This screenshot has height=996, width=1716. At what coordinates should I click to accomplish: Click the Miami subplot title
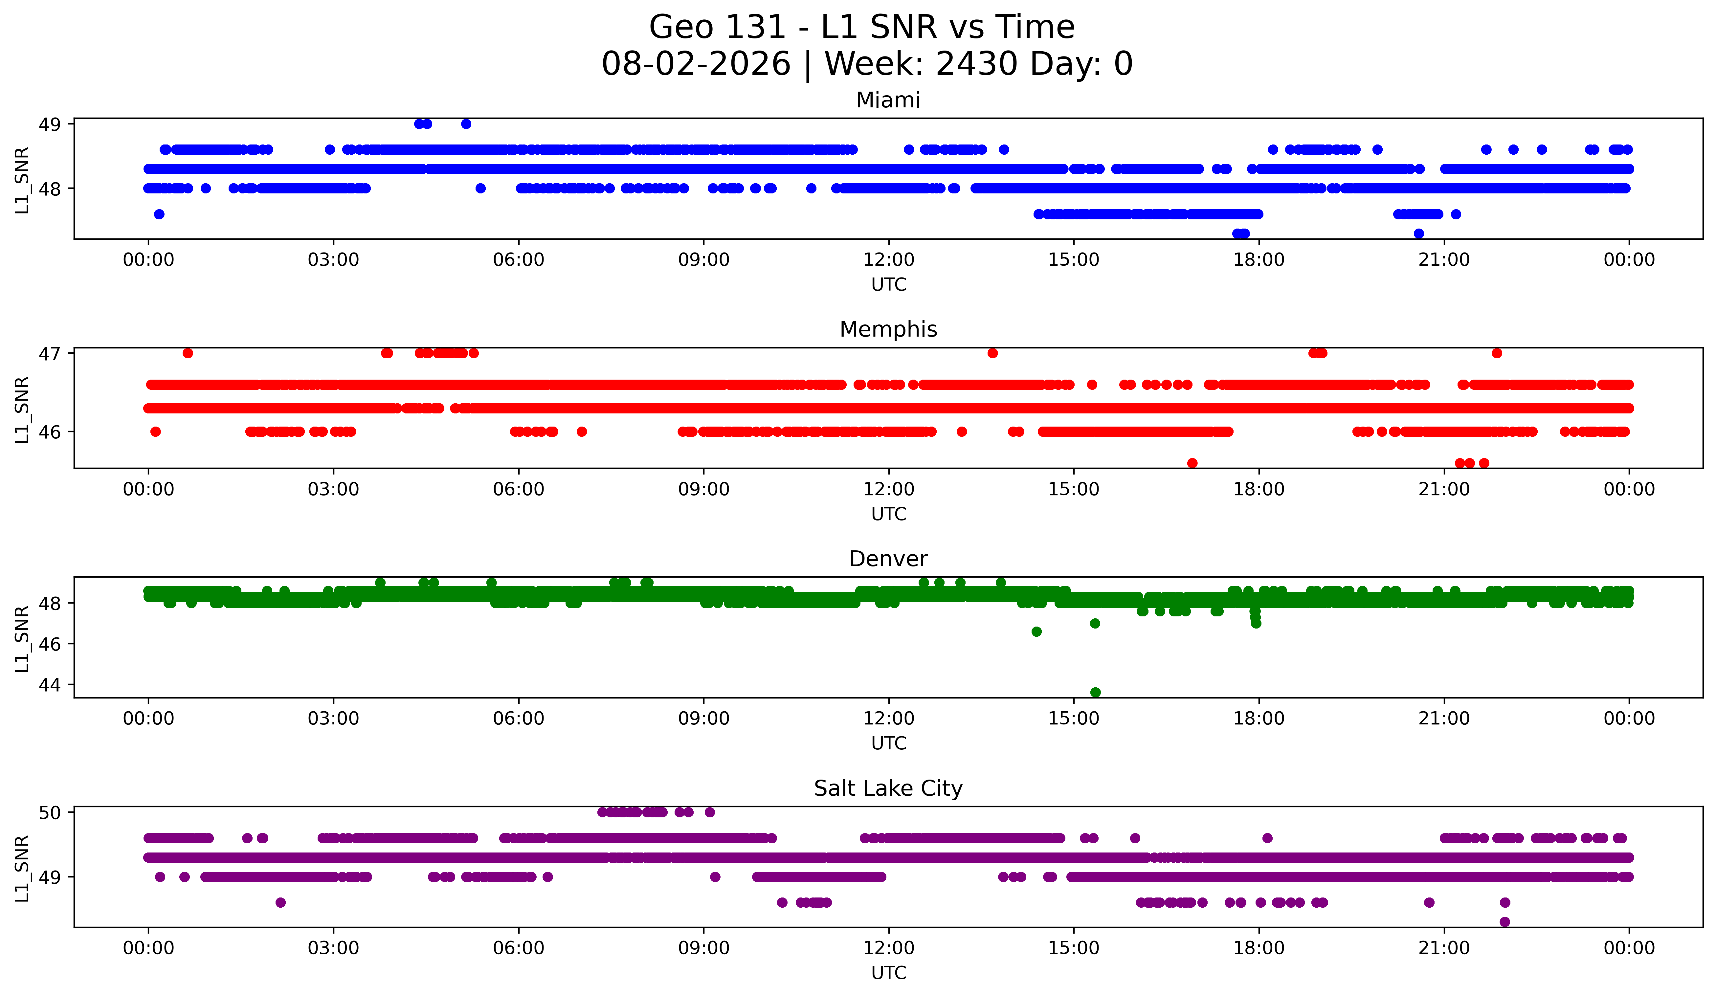click(888, 100)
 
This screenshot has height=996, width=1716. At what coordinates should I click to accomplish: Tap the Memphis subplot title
click(888, 329)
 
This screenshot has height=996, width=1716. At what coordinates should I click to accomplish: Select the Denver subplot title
click(888, 559)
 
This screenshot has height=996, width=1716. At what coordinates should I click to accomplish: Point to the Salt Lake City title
click(888, 788)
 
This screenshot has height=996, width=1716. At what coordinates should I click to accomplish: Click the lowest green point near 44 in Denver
click(1095, 692)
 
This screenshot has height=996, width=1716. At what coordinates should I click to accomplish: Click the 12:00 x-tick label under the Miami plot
click(889, 260)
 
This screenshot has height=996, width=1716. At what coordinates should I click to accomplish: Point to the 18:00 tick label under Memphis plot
click(1259, 490)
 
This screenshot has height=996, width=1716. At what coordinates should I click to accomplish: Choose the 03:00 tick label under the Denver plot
click(334, 719)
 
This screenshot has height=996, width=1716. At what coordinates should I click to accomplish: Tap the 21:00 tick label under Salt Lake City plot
click(1444, 948)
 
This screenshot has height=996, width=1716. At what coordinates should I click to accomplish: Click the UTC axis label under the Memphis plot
click(889, 514)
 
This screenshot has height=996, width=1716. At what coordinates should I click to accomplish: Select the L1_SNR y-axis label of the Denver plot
click(22, 638)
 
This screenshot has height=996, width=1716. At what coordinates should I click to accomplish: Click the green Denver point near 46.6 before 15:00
click(1036, 632)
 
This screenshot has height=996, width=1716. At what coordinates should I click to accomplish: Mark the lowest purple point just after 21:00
click(1505, 922)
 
